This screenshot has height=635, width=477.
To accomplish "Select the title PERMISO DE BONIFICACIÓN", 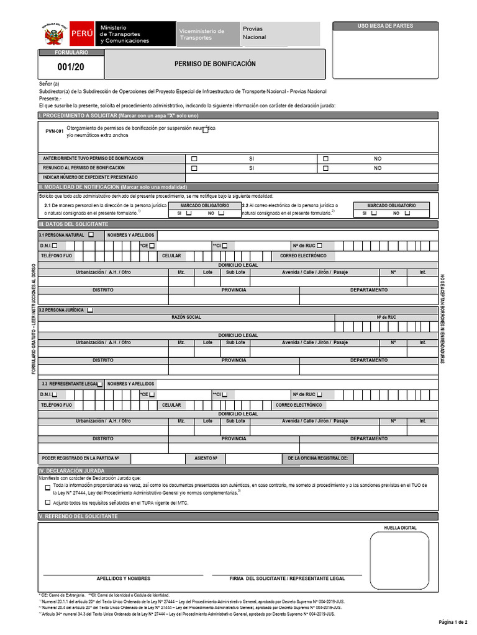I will coord(215,64).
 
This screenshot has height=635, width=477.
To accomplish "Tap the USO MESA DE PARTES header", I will coord(385,26).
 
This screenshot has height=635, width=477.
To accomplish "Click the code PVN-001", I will coord(55,131).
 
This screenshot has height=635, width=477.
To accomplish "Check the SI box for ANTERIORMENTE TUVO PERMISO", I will coord(194,159).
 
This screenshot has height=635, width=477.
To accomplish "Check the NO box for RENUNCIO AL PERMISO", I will coord(325,168).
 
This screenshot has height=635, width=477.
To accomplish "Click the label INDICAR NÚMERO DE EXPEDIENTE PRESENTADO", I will coord(90,177).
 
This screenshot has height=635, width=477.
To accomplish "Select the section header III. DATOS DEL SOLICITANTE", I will coord(73,224).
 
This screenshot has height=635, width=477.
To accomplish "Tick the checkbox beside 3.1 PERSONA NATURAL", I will coord(91,235).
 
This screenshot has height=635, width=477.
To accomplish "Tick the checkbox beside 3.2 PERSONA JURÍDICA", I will coord(90,309).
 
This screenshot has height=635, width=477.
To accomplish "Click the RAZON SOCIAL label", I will coord(186,317).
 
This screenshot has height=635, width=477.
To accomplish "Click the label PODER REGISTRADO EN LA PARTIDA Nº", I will coord(80,458).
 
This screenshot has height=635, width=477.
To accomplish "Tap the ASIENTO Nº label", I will coord(206,458).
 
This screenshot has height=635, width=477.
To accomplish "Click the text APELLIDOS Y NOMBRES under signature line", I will coord(124,578).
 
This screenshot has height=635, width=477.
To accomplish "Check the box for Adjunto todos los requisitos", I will coord(48,503).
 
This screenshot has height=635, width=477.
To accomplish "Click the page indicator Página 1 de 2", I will coord(452,622).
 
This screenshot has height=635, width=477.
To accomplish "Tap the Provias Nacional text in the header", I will coord(254,33).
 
